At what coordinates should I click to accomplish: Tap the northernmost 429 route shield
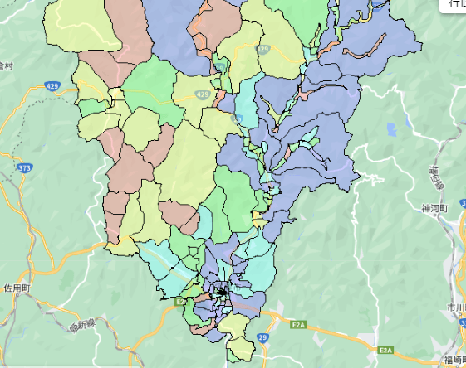click(263, 50)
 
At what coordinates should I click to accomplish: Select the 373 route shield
click(24, 168)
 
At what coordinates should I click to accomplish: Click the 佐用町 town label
click(16, 288)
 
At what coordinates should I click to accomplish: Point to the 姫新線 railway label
click(85, 326)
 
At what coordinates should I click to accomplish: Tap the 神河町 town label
click(434, 207)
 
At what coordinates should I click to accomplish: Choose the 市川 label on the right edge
click(455, 308)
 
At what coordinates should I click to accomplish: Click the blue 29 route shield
click(263, 338)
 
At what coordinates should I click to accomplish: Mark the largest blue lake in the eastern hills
click(390, 128)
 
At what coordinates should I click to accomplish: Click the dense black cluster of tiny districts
click(221, 291)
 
